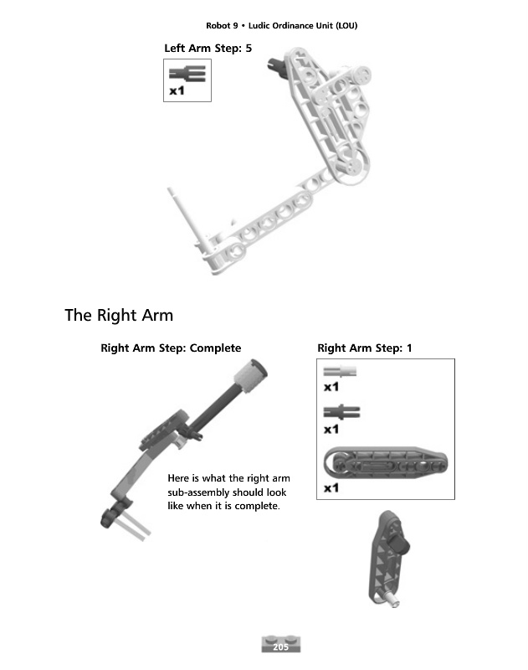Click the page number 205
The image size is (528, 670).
coord(281,646)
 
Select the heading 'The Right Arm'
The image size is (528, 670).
coord(119,316)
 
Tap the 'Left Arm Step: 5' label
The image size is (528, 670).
coord(208,48)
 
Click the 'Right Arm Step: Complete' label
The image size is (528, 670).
coord(171,348)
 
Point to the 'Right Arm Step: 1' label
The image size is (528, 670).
coord(365,348)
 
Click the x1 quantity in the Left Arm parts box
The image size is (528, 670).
coord(177,91)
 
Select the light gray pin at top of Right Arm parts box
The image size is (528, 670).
coord(340,372)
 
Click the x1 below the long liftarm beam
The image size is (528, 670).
coord(331,487)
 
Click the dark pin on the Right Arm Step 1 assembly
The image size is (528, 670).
coord(401,548)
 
